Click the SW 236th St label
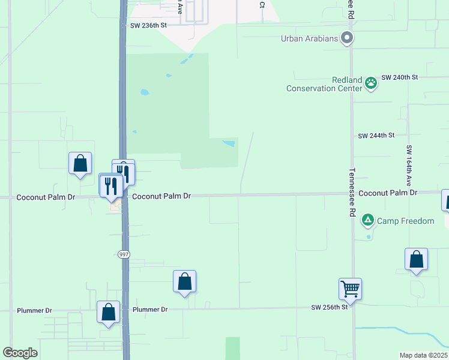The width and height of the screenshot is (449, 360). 148,26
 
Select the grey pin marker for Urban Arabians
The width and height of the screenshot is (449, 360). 346,39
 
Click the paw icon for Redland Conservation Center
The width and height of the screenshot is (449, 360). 371,83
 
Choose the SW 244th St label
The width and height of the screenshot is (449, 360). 376,136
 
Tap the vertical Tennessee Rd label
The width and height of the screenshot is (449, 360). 353,192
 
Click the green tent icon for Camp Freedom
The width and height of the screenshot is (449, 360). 367,221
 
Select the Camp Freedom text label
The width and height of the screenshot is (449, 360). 405,221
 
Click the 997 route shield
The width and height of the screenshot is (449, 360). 124,254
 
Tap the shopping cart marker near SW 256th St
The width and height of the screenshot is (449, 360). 350,289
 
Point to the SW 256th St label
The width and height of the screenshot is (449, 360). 329,307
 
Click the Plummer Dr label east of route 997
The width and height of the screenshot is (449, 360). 150,310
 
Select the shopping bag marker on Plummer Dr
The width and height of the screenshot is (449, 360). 108,312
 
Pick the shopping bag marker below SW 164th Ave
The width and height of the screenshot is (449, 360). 416,260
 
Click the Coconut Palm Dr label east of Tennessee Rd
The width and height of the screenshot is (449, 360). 388,193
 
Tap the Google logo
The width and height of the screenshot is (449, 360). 20,353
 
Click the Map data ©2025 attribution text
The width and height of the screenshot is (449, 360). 423,355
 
